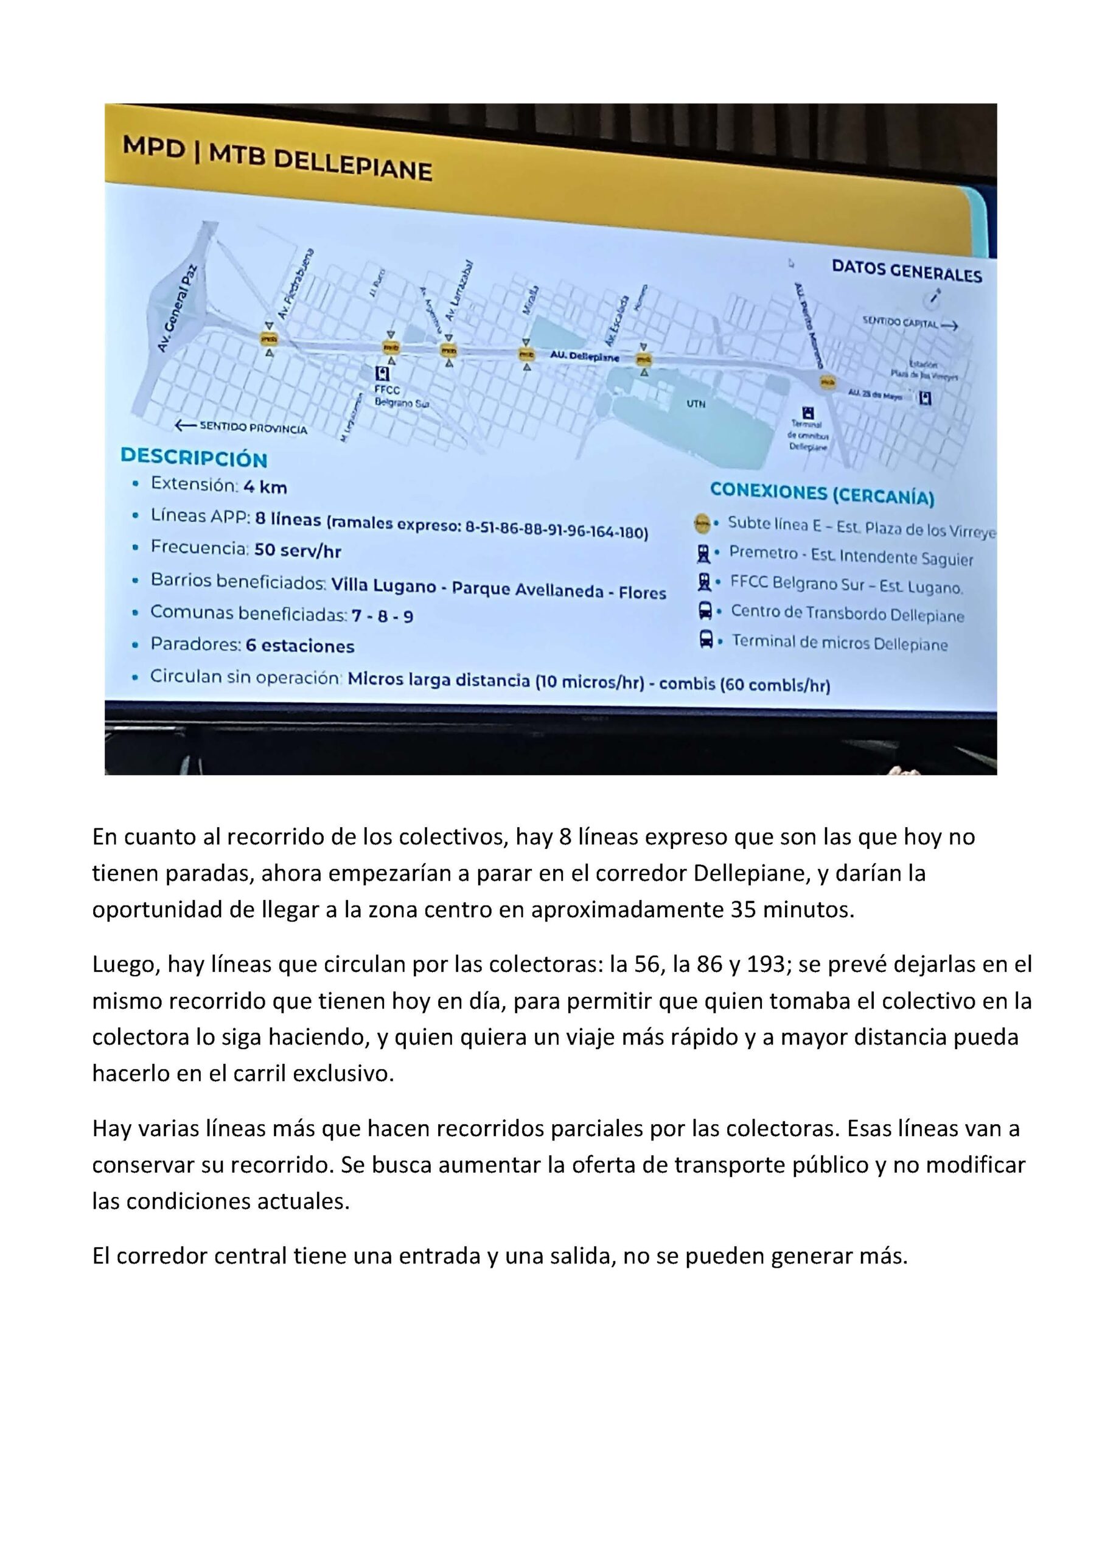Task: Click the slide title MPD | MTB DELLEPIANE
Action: coord(276,158)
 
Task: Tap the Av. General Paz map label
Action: coord(175,309)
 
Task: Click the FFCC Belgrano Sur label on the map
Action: coord(401,396)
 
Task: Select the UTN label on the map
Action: coord(696,403)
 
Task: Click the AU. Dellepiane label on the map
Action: coord(584,355)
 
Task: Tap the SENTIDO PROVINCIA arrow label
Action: coord(241,427)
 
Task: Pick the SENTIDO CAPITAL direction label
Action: coord(909,323)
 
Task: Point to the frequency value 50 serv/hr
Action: coord(297,550)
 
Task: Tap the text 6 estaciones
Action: coord(300,645)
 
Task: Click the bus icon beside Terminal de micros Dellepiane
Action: coord(706,639)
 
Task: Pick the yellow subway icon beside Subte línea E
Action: coord(702,523)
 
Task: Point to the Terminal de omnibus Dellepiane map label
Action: coord(807,435)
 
